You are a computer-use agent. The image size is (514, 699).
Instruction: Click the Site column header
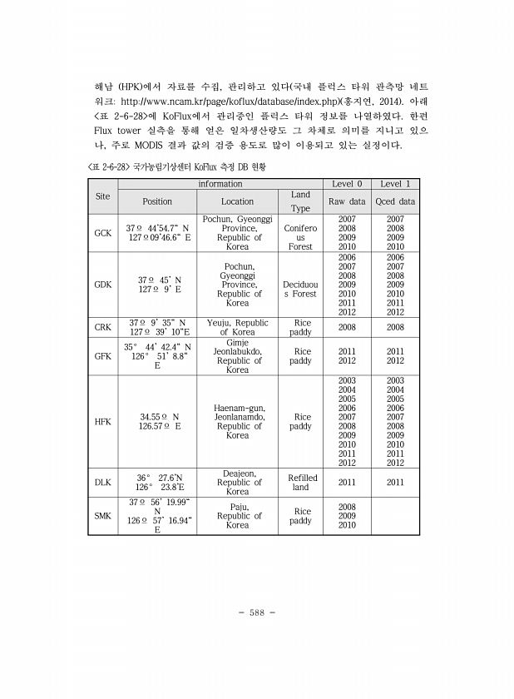[x=102, y=196]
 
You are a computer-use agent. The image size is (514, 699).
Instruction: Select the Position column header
[x=157, y=201]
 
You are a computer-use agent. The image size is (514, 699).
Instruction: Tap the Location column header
[x=237, y=201]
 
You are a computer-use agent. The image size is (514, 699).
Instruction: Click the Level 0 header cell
[x=347, y=183]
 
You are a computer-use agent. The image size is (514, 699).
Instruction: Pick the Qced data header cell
[x=395, y=201]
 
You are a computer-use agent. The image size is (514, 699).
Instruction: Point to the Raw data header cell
[x=347, y=201]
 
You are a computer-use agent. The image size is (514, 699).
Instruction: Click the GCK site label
[x=102, y=233]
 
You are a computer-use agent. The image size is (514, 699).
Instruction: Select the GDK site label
[x=102, y=285]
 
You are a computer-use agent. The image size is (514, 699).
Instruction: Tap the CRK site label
[x=102, y=327]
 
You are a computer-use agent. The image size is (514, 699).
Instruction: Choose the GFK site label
[x=102, y=356]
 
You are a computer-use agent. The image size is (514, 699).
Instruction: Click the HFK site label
[x=102, y=421]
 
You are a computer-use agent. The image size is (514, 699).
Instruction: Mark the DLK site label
[x=102, y=482]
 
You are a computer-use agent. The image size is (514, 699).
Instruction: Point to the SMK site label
[x=102, y=516]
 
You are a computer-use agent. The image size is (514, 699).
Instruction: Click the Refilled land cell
[x=302, y=483]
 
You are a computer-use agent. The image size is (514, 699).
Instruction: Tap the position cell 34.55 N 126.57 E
[x=157, y=421]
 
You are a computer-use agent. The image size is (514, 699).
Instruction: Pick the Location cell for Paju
[x=237, y=516]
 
